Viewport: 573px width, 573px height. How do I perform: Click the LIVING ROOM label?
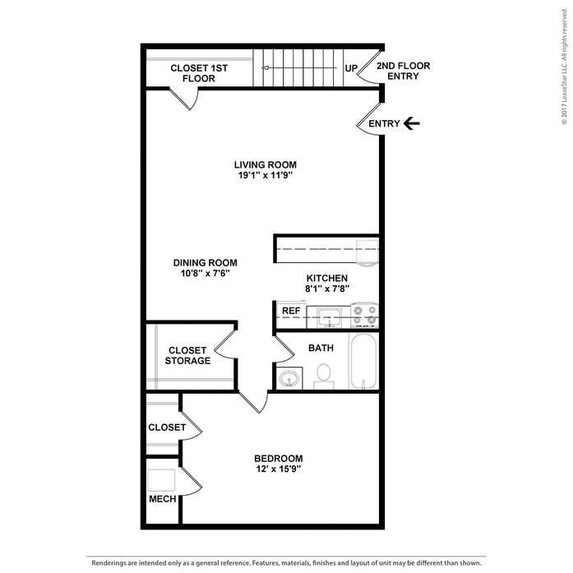264,164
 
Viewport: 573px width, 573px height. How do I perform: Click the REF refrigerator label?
290,311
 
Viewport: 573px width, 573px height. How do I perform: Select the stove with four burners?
365,313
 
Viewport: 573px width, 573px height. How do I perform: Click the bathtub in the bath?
363,361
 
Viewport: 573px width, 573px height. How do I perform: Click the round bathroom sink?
289,379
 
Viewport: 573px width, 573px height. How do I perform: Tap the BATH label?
321,348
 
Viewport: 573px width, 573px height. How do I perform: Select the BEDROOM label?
278,459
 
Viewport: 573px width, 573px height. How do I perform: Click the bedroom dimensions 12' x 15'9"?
278,469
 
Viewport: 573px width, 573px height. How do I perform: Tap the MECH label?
159,499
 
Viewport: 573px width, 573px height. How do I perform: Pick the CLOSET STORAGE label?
187,355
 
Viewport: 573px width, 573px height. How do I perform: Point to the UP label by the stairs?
350,68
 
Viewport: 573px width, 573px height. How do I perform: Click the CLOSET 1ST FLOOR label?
198,72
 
